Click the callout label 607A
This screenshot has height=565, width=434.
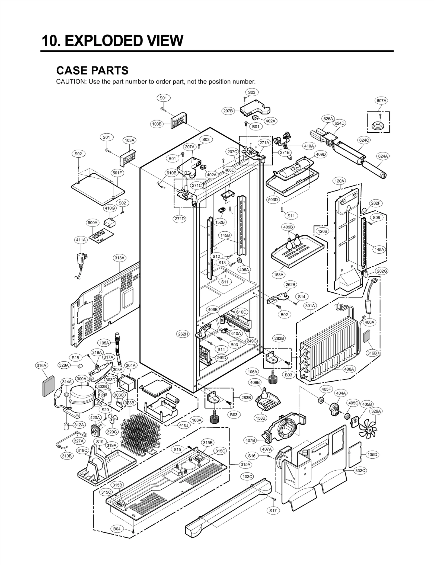point(381,101)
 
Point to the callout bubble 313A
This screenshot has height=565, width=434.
point(119,258)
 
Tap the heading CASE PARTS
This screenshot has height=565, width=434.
point(92,71)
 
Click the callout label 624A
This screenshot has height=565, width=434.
point(383,156)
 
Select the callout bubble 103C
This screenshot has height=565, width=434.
point(247,477)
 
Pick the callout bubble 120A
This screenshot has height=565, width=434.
point(339,181)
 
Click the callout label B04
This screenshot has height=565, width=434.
point(117,529)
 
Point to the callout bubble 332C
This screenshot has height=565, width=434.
point(360,471)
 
